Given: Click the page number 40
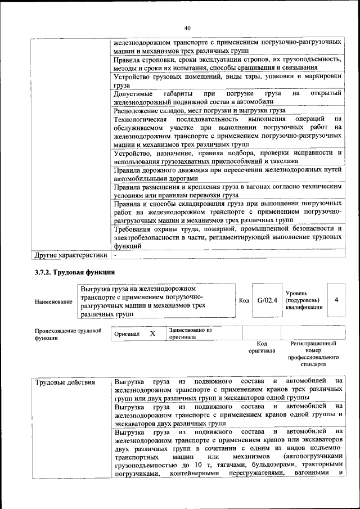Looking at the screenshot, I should (187, 28).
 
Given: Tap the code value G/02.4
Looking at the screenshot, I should (267, 300).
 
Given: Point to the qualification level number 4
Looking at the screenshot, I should (336, 300).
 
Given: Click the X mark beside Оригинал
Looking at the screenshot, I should (152, 334).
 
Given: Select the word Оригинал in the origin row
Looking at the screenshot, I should (127, 334).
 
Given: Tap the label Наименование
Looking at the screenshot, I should (53, 302).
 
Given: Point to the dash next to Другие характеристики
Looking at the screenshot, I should (115, 255).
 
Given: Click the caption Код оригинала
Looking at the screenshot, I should (262, 346).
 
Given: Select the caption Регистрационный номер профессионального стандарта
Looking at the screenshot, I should (313, 353).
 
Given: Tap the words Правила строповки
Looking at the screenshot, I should (141, 60).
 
